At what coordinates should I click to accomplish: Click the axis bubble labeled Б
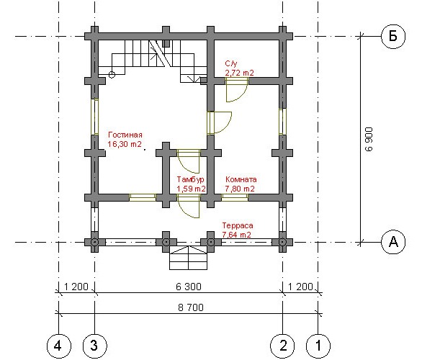pos(393,36)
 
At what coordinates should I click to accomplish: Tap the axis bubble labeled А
pos(393,242)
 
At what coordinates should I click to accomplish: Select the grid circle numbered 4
pos(58,346)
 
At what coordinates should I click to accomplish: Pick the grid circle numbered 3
pos(94,346)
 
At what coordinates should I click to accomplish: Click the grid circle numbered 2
pos(282,346)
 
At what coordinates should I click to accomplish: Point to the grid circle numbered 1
pos(318,346)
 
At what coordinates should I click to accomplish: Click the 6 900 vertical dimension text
pos(369,139)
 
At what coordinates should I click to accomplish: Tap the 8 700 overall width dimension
pos(191,307)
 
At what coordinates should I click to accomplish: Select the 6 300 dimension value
pos(189,287)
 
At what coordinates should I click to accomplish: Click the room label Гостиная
pos(125,135)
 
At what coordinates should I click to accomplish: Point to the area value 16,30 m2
pos(125,144)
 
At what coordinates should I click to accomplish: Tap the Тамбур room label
pos(191,179)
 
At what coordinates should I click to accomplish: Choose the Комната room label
pos(241,179)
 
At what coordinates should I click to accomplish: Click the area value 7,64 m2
pos(237,235)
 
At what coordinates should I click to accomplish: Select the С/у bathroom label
pos(231,63)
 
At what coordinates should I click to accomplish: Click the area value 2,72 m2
pos(239,73)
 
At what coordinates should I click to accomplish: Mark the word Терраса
pos(238,225)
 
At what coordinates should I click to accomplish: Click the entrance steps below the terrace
pos(189,258)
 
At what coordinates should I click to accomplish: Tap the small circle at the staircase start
pos(112,75)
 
